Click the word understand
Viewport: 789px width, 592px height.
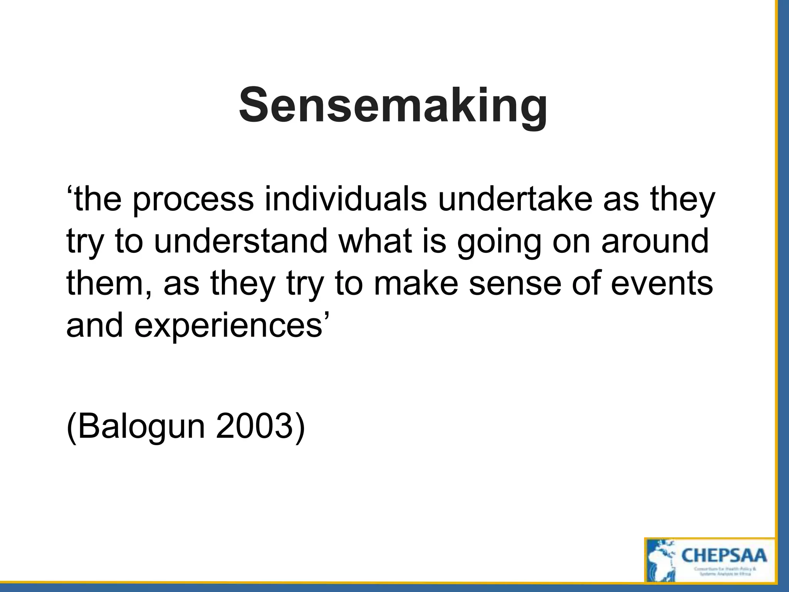[x=241, y=241]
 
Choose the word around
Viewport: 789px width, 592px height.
[x=655, y=241]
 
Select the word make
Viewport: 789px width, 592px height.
[x=416, y=283]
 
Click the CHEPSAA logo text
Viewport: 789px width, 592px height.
[x=724, y=555]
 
